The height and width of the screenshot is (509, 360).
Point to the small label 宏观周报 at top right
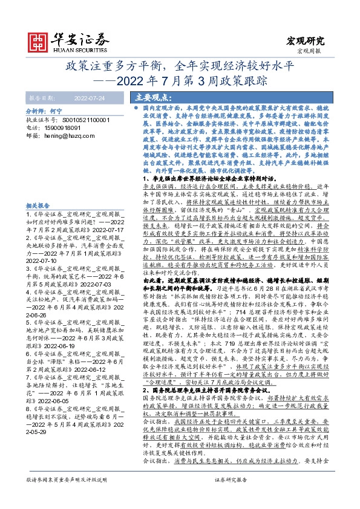(x=313, y=51)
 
